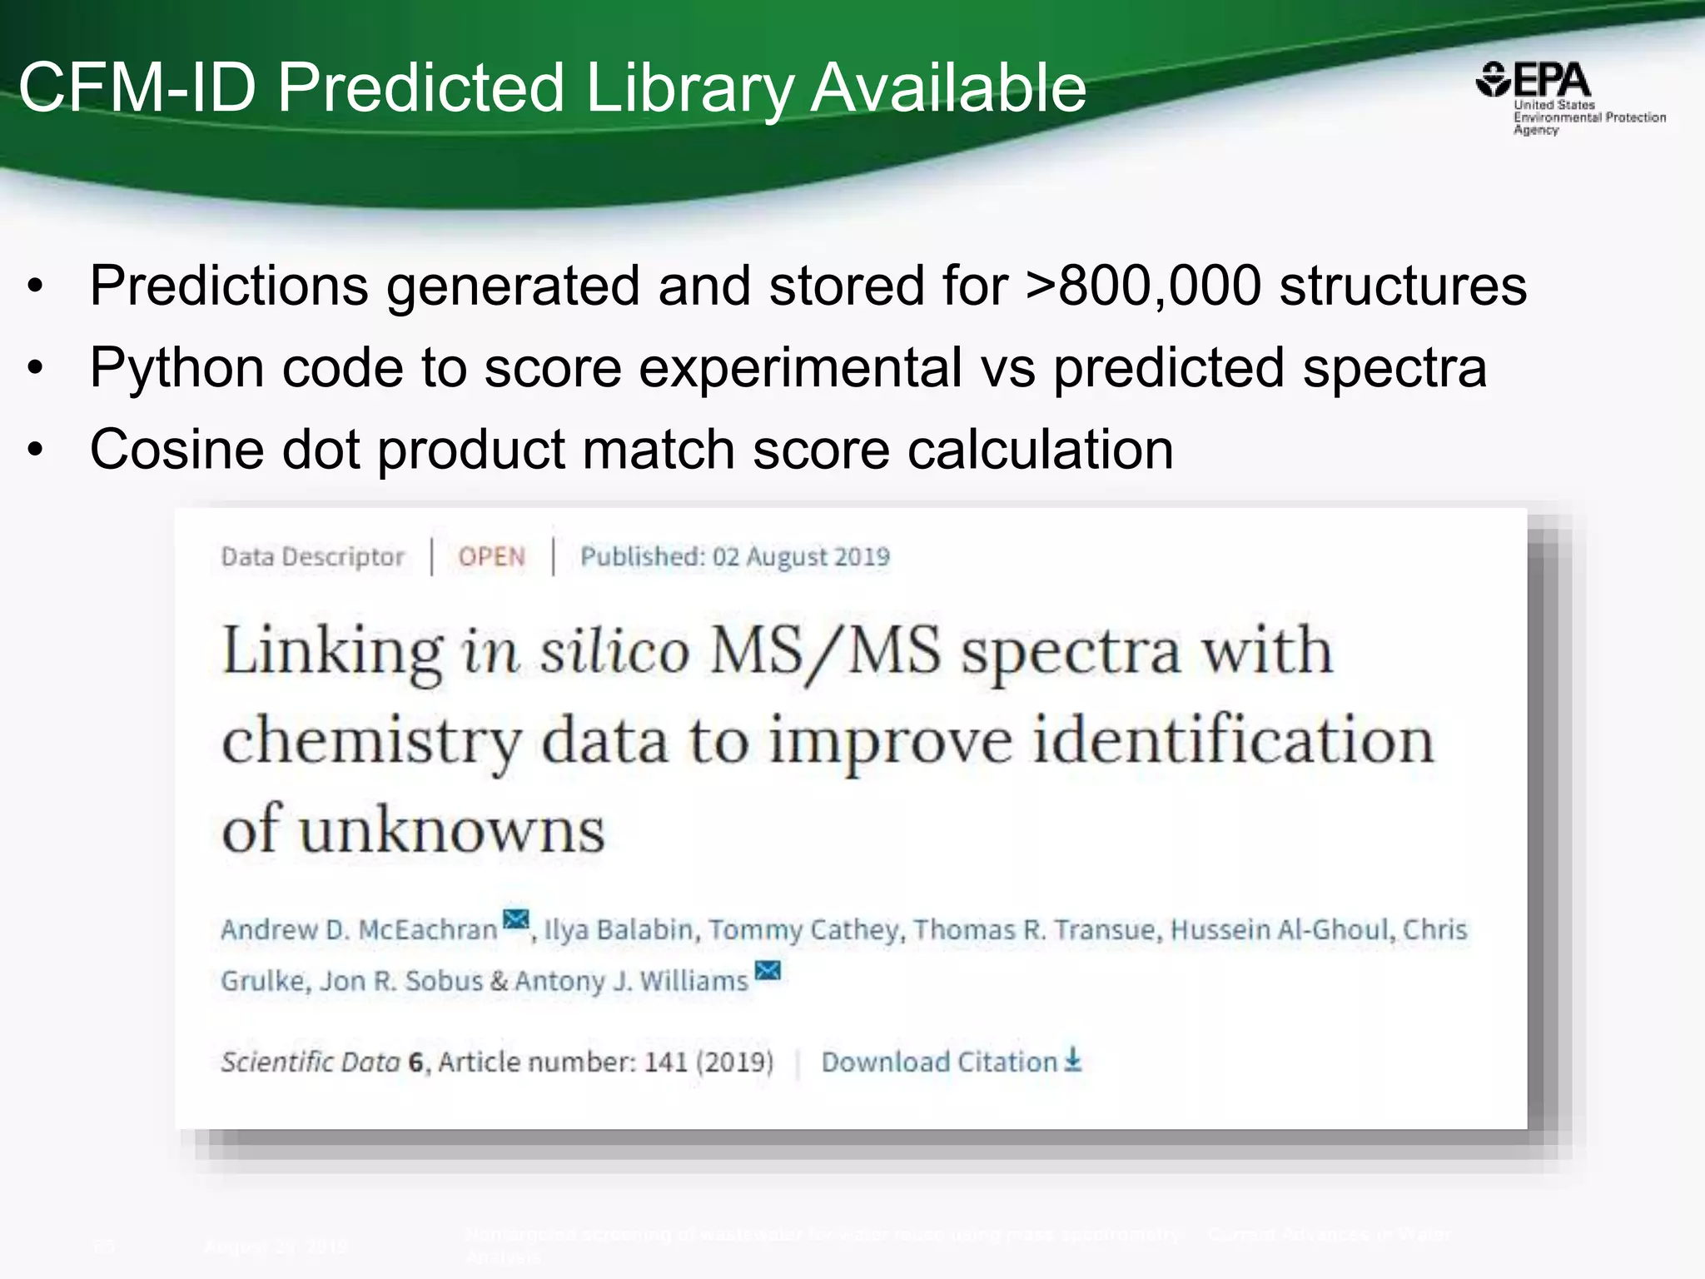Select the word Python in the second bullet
tap(176, 367)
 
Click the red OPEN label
tap(491, 556)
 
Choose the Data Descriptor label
tap(312, 556)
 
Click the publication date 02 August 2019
tap(801, 556)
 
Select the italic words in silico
tap(575, 650)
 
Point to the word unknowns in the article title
tap(452, 830)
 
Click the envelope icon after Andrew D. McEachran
tap(516, 920)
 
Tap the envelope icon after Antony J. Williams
tap(768, 971)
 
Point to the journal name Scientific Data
tap(310, 1062)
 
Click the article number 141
tap(665, 1062)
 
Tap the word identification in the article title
tap(1233, 740)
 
